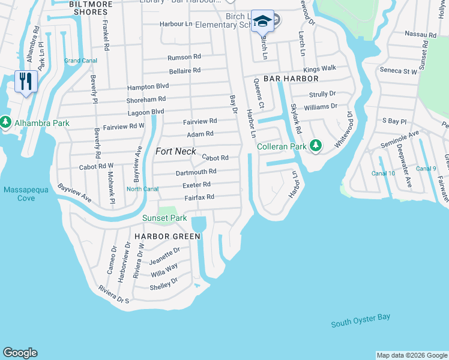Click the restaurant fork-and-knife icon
pyautogui.click(x=25, y=81)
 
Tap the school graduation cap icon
pyautogui.click(x=262, y=21)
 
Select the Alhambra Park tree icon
pyautogui.click(x=6, y=123)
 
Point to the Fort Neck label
pyautogui.click(x=175, y=151)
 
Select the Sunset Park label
pyautogui.click(x=164, y=218)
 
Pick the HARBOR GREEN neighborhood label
pyautogui.click(x=167, y=236)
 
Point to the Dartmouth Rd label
pyautogui.click(x=196, y=172)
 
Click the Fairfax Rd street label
pyautogui.click(x=199, y=197)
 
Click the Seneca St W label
pyautogui.click(x=398, y=71)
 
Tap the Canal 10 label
pyautogui.click(x=383, y=173)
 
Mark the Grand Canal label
pyautogui.click(x=81, y=61)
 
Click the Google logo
pyautogui.click(x=20, y=353)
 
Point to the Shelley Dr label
pyautogui.click(x=163, y=283)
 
